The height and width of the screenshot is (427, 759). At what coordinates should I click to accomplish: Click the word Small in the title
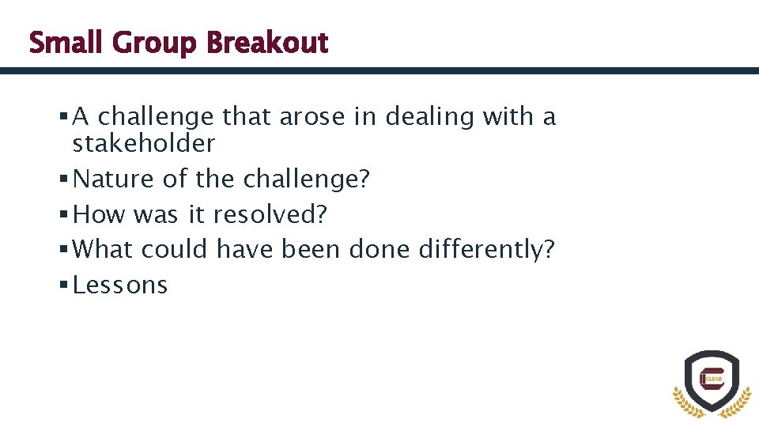tap(67, 43)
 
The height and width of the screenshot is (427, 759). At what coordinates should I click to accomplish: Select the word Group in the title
tap(155, 43)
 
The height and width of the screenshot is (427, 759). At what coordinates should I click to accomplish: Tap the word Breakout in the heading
tap(266, 43)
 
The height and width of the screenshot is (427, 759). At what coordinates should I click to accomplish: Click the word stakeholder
tap(143, 144)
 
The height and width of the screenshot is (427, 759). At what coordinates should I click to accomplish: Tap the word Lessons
tap(120, 285)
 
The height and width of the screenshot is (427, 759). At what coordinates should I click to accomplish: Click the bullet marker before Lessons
tap(62, 285)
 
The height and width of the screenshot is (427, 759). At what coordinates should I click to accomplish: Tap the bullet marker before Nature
tap(62, 179)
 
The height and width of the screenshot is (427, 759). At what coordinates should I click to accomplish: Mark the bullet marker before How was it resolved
tap(62, 214)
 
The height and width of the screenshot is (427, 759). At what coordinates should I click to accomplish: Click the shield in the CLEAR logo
tap(711, 377)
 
